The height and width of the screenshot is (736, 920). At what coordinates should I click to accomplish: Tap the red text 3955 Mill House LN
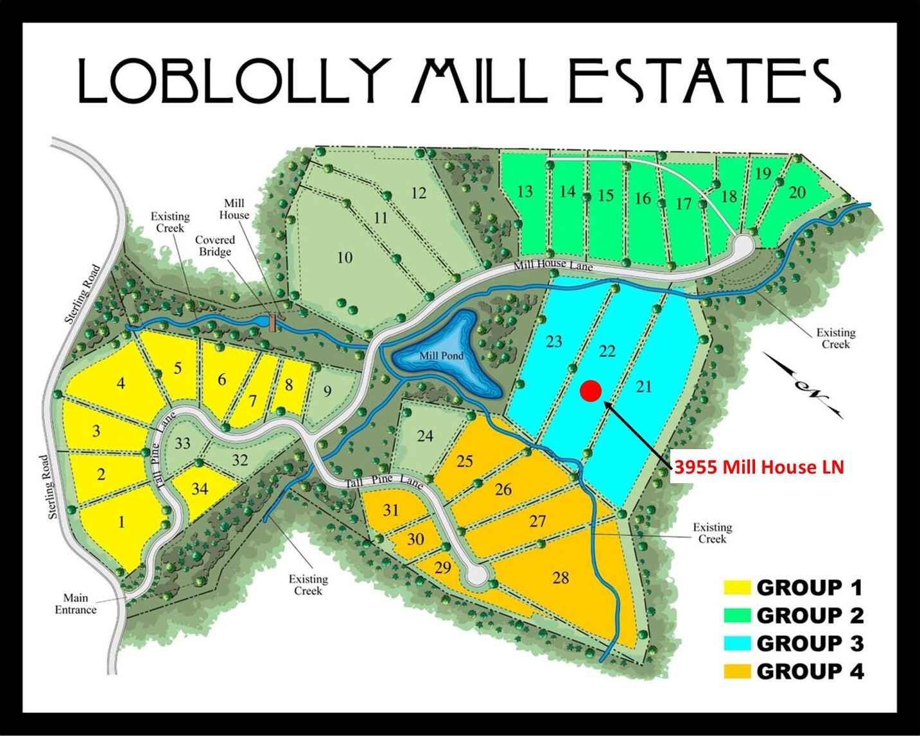758,467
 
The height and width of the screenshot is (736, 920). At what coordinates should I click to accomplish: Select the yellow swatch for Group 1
738,587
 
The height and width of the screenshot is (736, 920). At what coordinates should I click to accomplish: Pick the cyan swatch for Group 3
738,643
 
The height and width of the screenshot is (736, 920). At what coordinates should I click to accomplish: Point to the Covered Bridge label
215,246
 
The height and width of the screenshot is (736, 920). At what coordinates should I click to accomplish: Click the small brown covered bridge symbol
273,321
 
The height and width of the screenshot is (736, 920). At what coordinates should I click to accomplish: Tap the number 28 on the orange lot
560,578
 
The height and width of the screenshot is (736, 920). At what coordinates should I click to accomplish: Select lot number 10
345,258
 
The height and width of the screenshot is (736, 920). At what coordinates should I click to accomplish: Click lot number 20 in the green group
797,193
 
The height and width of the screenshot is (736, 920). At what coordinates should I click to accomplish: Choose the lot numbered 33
183,443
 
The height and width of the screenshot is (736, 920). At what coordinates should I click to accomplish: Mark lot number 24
425,436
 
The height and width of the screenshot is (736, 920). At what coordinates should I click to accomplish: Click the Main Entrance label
75,604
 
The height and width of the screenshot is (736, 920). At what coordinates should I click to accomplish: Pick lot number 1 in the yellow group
121,522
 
